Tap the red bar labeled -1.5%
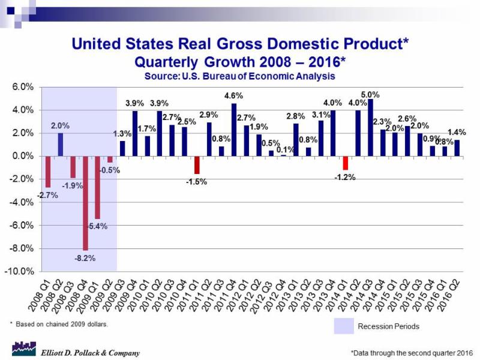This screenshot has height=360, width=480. [197, 164]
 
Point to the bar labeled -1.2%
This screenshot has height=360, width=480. [346, 163]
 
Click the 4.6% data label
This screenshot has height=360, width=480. [233, 96]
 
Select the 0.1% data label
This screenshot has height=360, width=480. [283, 149]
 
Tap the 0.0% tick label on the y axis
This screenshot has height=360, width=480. [22, 156]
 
